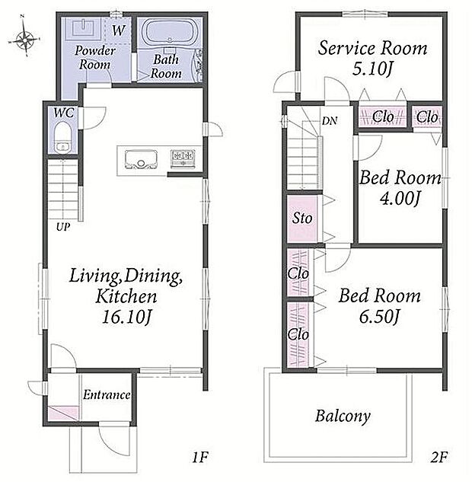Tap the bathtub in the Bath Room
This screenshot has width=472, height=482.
[x=170, y=33]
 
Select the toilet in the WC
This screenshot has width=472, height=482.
[x=62, y=137]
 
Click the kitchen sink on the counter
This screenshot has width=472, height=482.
[x=141, y=159]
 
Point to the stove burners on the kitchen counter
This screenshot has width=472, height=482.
[x=183, y=158]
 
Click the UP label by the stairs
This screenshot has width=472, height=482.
[x=63, y=227]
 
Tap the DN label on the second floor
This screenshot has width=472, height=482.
[x=330, y=121]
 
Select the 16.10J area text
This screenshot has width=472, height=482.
[x=127, y=317]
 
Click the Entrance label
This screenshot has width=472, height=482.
[x=107, y=394]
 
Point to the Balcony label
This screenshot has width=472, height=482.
[x=343, y=417]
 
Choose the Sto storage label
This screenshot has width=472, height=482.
[x=302, y=218]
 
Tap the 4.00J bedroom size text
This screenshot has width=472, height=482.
[x=400, y=198]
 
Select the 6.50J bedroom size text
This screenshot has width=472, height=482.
[x=380, y=316]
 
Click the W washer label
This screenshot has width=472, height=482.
[x=119, y=30]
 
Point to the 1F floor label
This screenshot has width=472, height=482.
[x=200, y=457]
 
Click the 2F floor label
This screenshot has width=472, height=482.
[x=439, y=457]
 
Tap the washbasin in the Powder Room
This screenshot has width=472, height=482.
[x=83, y=28]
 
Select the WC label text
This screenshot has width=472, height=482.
[x=64, y=113]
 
